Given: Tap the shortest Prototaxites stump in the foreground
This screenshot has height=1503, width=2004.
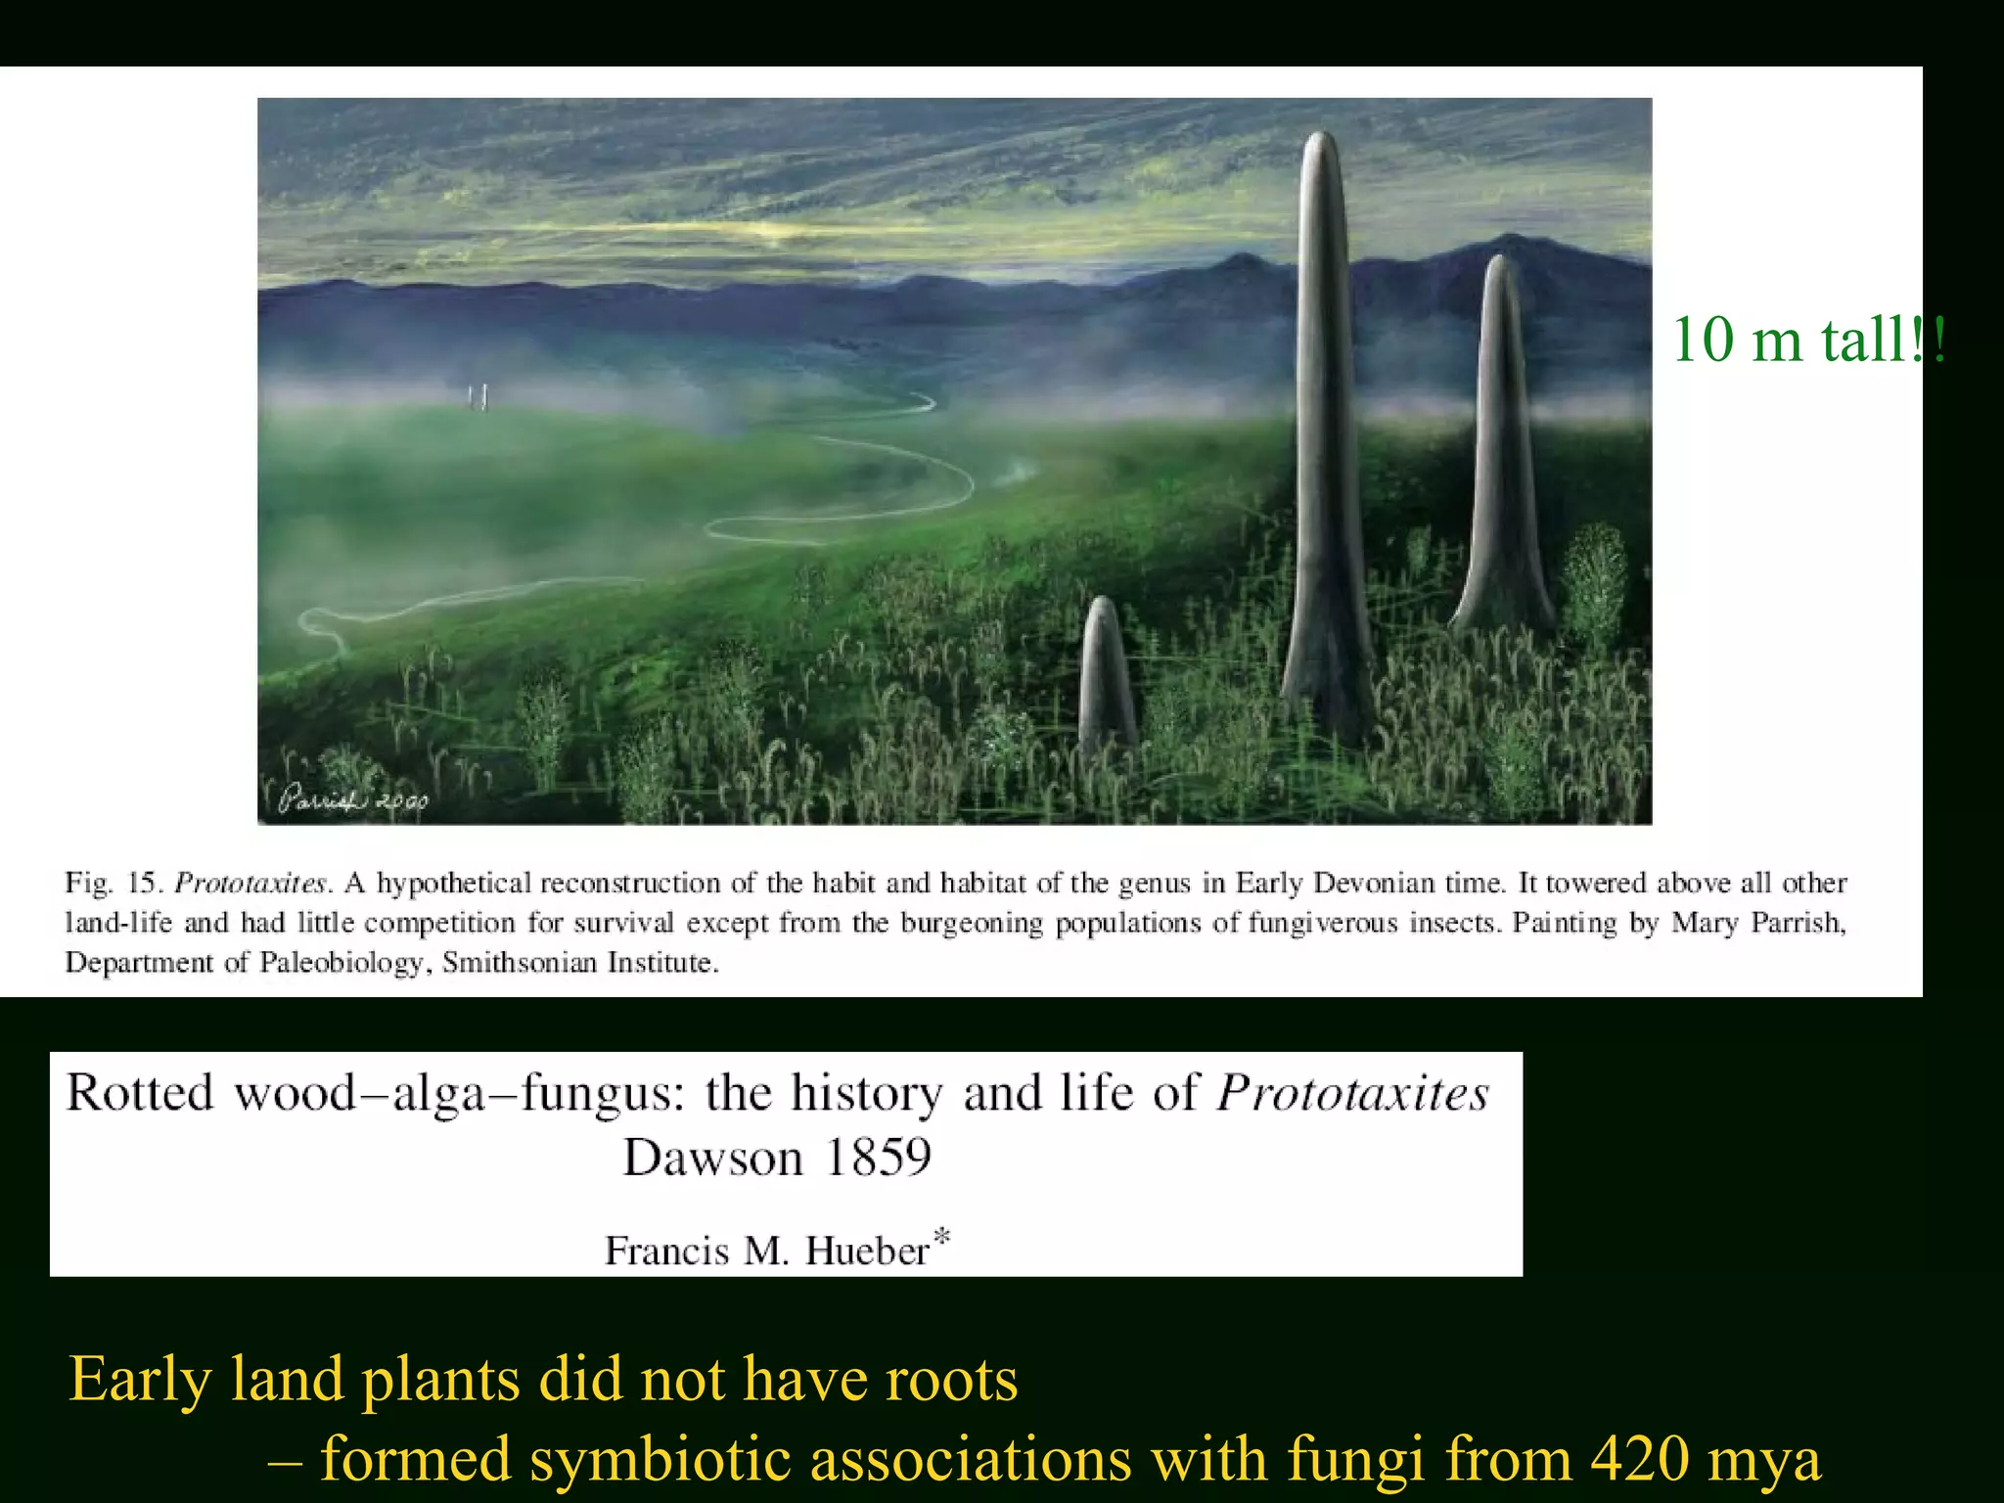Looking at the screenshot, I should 1105,675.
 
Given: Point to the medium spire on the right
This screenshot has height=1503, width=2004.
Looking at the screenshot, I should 1499,450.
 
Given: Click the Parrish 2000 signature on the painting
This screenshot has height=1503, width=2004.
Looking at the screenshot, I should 353,799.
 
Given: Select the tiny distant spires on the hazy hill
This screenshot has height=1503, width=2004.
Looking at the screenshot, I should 478,397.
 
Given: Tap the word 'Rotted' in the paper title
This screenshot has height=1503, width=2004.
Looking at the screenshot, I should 139,1093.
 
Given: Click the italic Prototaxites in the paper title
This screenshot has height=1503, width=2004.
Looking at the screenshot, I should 1352,1093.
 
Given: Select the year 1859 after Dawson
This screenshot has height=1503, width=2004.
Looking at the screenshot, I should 878,1159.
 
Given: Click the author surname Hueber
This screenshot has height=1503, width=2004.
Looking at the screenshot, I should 867,1251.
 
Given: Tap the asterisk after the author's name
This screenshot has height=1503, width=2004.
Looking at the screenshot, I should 941,1237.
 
